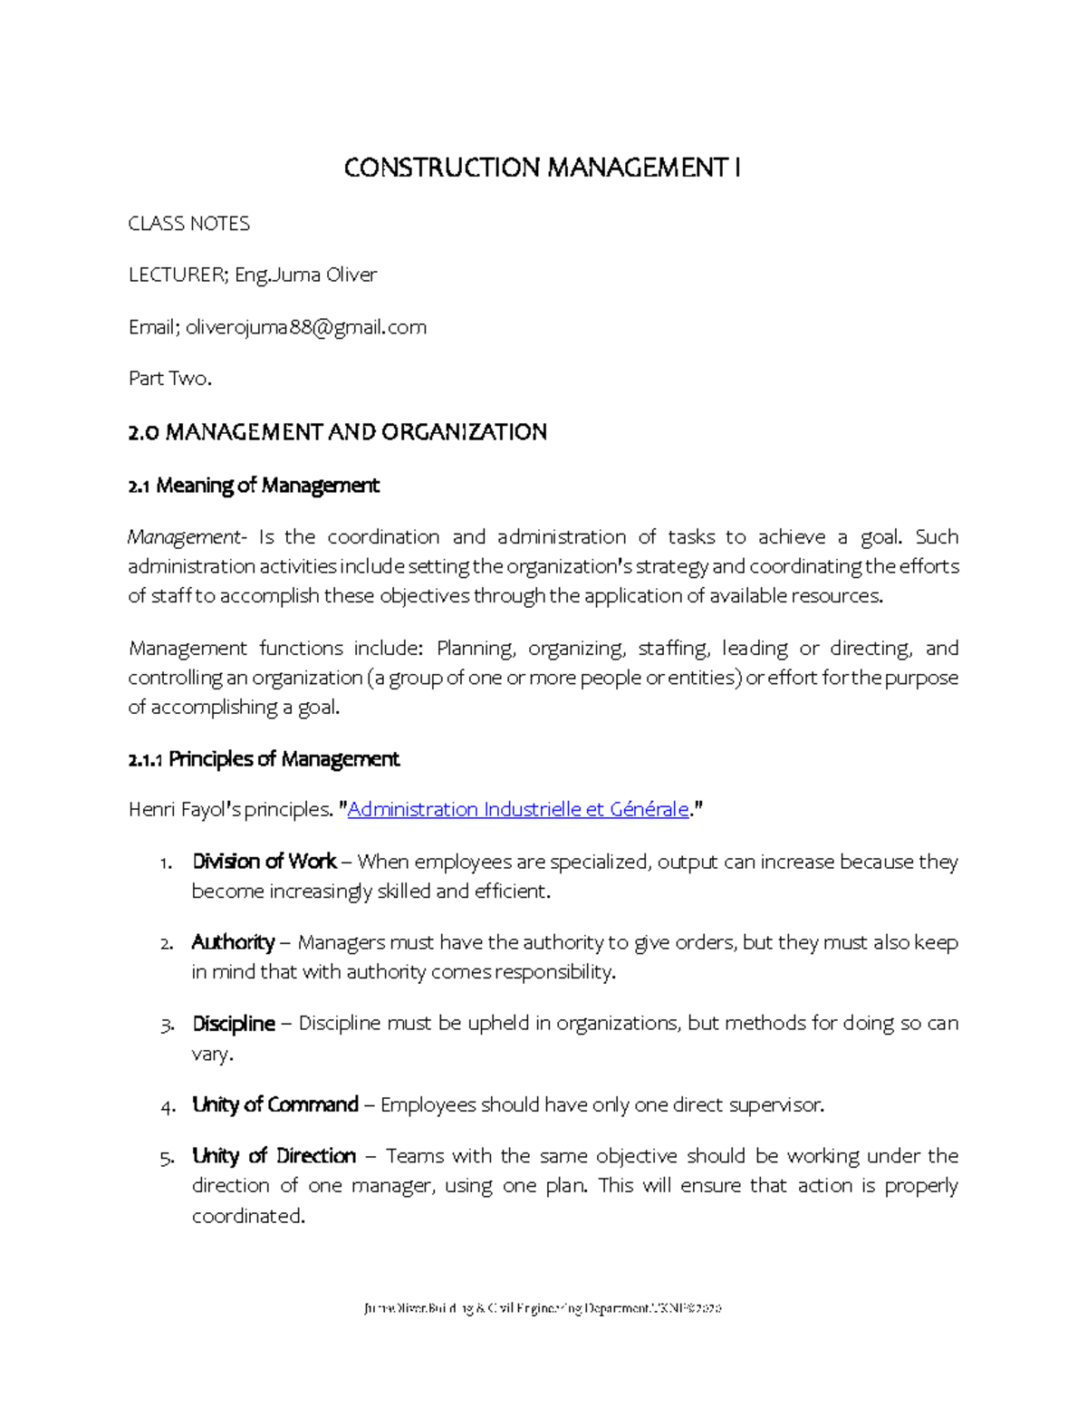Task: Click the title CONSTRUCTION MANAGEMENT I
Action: pyautogui.click(x=542, y=169)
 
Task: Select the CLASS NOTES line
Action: pyautogui.click(x=188, y=224)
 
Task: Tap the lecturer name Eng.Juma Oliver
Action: pyautogui.click(x=305, y=275)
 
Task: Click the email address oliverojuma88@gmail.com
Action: pyautogui.click(x=306, y=327)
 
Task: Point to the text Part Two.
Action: pyautogui.click(x=169, y=379)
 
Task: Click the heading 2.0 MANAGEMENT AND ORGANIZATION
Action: pyautogui.click(x=337, y=432)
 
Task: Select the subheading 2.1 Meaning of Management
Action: pyautogui.click(x=254, y=486)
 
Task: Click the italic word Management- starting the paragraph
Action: pyautogui.click(x=186, y=537)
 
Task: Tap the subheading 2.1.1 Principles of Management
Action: pyautogui.click(x=264, y=759)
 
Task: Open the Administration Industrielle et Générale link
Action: pyautogui.click(x=518, y=810)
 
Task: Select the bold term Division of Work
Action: pyautogui.click(x=264, y=862)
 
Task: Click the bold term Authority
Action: pyautogui.click(x=233, y=943)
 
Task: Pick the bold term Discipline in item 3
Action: pyautogui.click(x=233, y=1024)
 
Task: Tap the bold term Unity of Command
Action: pyautogui.click(x=274, y=1105)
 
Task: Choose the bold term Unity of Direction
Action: pyautogui.click(x=274, y=1157)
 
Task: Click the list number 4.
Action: pyautogui.click(x=167, y=1106)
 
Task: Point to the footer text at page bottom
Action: pyautogui.click(x=542, y=1308)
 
